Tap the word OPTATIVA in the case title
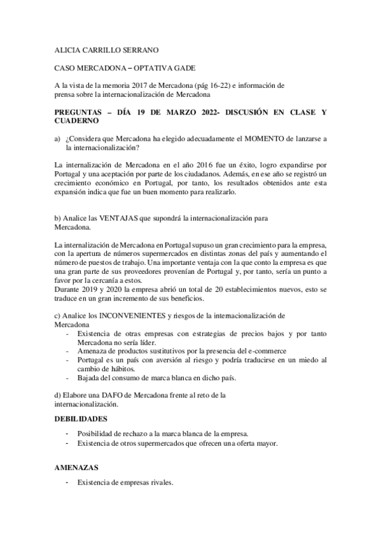148,67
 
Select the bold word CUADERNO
77,120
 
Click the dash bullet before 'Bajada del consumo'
67,378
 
